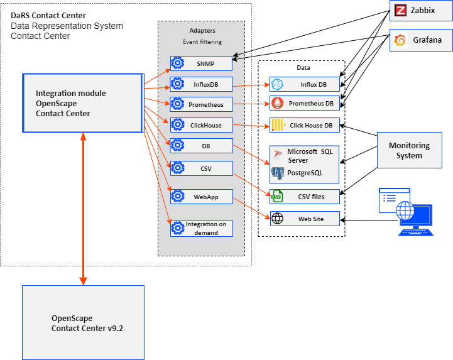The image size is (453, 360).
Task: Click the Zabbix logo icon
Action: [400, 10]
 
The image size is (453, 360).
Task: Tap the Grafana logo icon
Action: [400, 40]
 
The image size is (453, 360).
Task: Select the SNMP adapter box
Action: [201, 63]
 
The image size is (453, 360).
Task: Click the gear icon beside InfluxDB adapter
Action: [178, 84]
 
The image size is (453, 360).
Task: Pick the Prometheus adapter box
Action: [201, 104]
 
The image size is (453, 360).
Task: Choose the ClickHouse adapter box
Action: [201, 124]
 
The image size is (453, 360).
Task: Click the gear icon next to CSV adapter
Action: [178, 168]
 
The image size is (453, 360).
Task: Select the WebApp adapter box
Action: [201, 197]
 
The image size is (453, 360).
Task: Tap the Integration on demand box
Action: [201, 229]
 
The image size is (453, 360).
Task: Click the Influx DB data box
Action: [305, 84]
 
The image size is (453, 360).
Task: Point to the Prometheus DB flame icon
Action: [277, 104]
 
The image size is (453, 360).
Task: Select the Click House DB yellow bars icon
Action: [277, 125]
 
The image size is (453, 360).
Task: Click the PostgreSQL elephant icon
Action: [277, 172]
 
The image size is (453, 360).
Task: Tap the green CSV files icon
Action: [277, 196]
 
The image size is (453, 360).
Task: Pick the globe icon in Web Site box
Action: [277, 219]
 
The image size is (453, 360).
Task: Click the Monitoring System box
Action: [409, 150]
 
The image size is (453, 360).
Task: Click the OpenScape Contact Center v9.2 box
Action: [83, 323]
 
